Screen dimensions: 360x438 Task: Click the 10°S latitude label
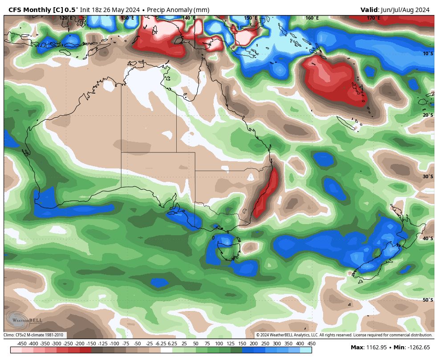427,53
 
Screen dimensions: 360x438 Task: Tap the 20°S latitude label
427,115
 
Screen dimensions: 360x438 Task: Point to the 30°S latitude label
427,176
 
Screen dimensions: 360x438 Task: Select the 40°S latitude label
427,238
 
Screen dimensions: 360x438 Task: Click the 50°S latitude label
427,300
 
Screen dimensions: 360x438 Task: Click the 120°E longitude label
66,18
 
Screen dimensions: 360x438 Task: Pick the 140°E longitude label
189,18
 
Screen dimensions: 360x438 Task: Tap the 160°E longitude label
312,18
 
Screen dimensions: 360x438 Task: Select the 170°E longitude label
373,18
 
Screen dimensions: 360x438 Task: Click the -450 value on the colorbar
21,344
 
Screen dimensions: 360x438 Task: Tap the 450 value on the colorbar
312,344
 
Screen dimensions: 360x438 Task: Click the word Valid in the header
369,10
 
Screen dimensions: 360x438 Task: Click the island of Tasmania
228,248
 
